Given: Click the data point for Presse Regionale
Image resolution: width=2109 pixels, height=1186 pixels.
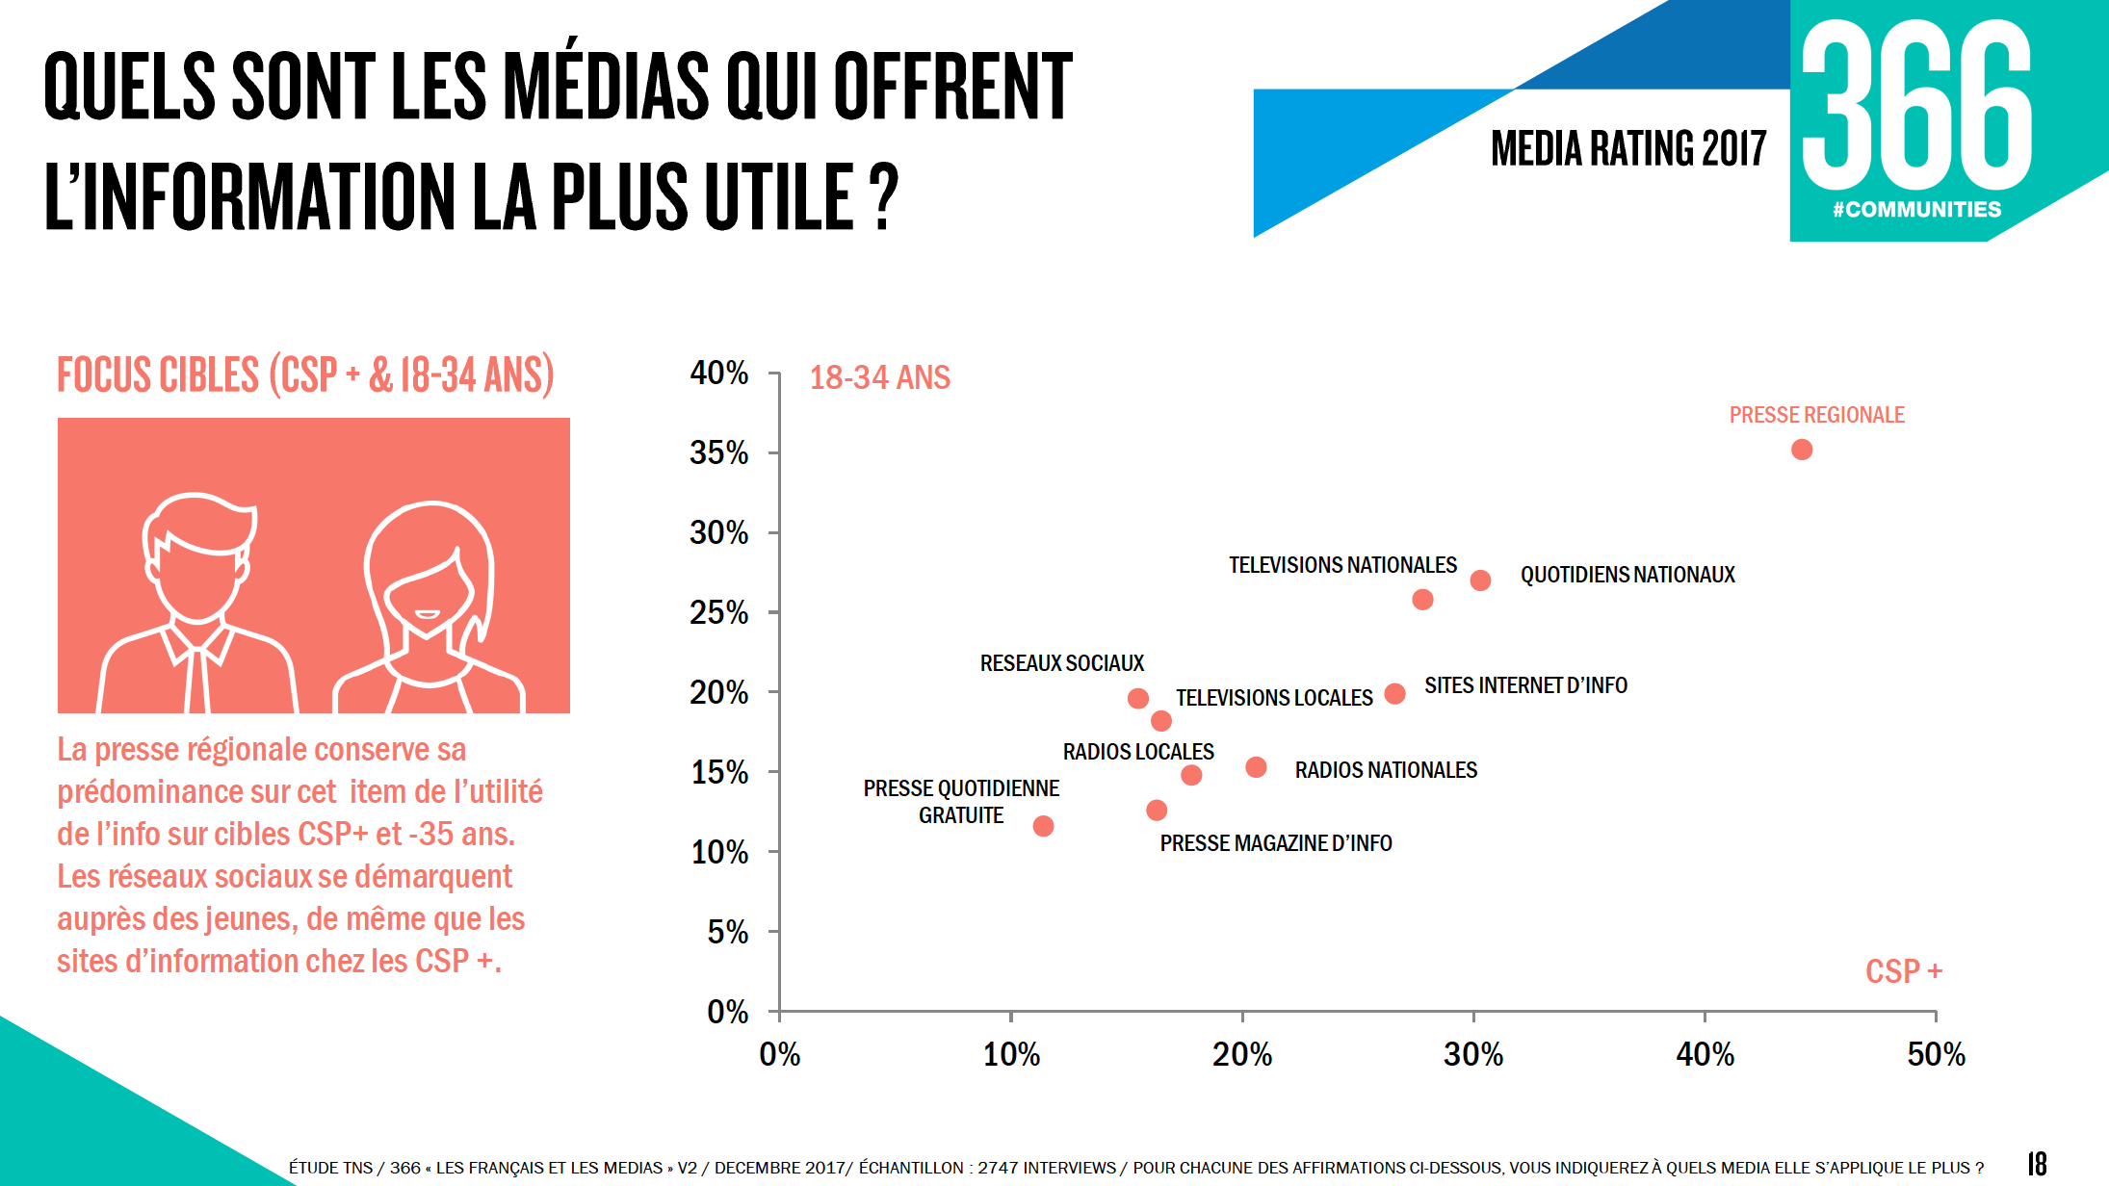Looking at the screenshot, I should pos(1802,450).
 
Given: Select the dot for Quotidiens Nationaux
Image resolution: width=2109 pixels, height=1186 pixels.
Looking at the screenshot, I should pos(1480,580).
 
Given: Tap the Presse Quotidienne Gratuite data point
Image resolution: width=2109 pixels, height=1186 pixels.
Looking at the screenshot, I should pos(1043,826).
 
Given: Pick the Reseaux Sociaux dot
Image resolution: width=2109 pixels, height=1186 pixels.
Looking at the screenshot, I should pos(1137,698).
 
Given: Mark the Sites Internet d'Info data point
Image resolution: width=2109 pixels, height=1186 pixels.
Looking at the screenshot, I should pos(1394,693).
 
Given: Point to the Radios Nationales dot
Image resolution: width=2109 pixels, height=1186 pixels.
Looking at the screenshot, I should pos(1256,767).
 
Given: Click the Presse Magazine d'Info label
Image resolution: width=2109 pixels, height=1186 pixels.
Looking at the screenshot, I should pos(1275,843).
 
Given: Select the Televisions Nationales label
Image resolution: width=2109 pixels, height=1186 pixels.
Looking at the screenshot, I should pos(1342,565).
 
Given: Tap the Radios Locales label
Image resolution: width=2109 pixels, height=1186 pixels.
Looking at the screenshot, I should pos(1137,752).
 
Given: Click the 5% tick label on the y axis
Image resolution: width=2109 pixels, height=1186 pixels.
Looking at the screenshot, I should pos(727,932).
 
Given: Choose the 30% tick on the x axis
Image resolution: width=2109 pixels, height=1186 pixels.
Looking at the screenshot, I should pos(1473,1016).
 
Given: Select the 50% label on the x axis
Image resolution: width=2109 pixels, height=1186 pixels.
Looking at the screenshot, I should pos(1936,1055).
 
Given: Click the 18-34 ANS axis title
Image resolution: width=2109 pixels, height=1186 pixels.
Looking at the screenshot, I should pos(879,377).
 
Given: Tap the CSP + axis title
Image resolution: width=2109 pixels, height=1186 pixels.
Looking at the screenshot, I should pos(1903,971).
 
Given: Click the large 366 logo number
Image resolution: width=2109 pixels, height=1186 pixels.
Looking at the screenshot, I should pos(1916,106).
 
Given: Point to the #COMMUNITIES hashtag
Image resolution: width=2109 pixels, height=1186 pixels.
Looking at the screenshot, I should pos(1916,210).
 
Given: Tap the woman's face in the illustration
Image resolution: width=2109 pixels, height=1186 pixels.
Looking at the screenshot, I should pos(429,592).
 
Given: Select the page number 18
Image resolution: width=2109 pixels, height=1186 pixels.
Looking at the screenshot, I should pos(2037,1164).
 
